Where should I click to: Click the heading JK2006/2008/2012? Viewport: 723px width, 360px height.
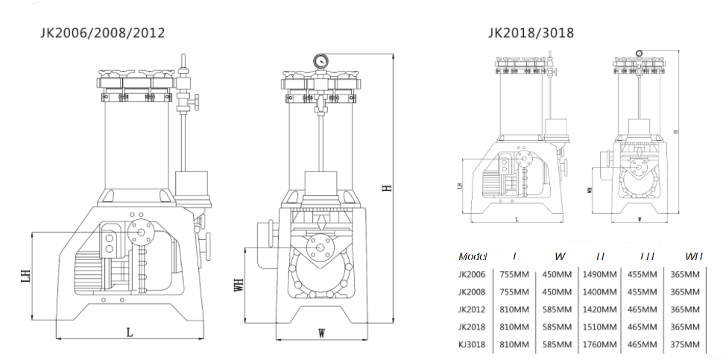102,33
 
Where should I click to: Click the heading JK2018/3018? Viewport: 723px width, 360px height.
531,33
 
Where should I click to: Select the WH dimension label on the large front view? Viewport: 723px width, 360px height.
239,286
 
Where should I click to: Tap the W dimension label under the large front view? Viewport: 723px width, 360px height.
321,333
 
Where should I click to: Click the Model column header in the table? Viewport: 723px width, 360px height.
473,256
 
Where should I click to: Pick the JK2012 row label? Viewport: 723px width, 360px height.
473,309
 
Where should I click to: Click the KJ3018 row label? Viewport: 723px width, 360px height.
473,345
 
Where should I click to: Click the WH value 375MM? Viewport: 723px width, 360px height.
686,345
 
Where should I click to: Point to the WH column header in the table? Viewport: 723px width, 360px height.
694,256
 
